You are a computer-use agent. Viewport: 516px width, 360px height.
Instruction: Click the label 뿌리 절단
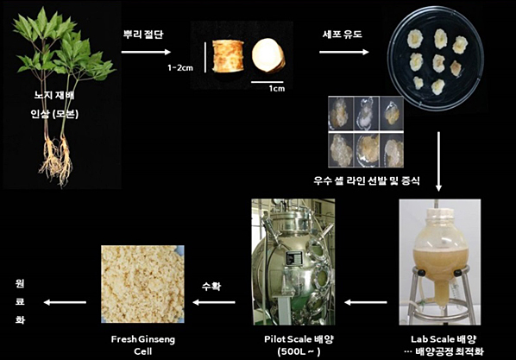pyautogui.click(x=143, y=35)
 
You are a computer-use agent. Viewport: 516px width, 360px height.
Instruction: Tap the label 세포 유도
pyautogui.click(x=343, y=35)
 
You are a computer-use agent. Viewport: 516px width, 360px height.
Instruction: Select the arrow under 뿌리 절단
pyautogui.click(x=146, y=52)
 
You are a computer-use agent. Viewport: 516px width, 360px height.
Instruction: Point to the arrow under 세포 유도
pyautogui.click(x=344, y=52)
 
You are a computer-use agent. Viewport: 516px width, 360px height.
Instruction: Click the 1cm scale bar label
pyautogui.click(x=277, y=88)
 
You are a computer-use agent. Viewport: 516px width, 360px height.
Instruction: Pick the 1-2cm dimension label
pyautogui.click(x=180, y=68)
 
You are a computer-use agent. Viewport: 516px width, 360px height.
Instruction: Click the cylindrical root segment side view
pyautogui.click(x=228, y=55)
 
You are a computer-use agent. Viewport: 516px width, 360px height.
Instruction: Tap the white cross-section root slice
pyautogui.click(x=267, y=55)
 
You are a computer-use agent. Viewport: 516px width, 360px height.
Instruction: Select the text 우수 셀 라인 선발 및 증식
pyautogui.click(x=367, y=180)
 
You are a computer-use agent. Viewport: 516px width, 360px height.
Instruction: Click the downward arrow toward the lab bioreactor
pyautogui.click(x=438, y=161)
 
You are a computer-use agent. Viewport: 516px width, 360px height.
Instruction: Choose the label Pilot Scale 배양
pyautogui.click(x=299, y=339)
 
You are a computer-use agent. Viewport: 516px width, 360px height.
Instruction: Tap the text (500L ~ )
pyautogui.click(x=299, y=351)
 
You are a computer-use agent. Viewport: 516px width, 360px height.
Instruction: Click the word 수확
pyautogui.click(x=211, y=287)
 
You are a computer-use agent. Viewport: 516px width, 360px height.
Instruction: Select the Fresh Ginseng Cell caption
pyautogui.click(x=143, y=345)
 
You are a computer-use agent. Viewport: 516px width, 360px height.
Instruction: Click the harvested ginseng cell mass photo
pyautogui.click(x=143, y=284)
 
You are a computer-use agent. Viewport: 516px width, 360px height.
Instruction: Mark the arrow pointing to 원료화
pyautogui.click(x=65, y=302)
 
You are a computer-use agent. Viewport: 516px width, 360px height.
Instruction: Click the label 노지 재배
pyautogui.click(x=54, y=96)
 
